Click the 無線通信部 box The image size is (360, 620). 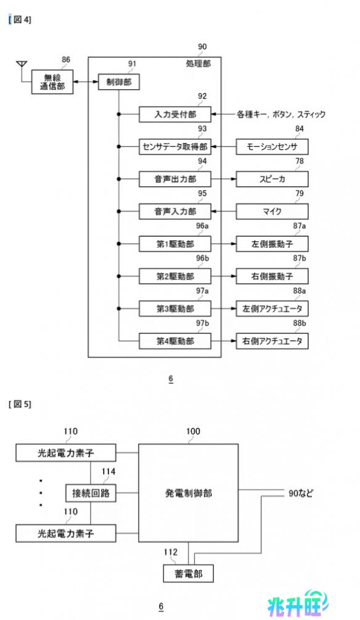pyautogui.click(x=52, y=82)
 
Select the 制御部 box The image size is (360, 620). pyautogui.click(x=119, y=82)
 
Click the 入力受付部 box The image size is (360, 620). pyautogui.click(x=175, y=114)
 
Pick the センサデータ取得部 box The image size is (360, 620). pyautogui.click(x=175, y=147)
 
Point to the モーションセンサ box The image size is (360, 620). pyautogui.click(x=272, y=147)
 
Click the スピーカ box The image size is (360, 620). pyautogui.click(x=272, y=179)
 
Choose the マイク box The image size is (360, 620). pyautogui.click(x=272, y=211)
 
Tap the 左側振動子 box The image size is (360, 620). pyautogui.click(x=272, y=244)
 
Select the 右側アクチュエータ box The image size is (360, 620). pyautogui.click(x=272, y=341)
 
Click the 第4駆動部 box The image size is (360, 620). pyautogui.click(x=175, y=341)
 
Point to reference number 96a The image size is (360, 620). pyautogui.click(x=202, y=226)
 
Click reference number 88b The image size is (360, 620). pyautogui.click(x=300, y=323)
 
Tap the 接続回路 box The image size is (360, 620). pyautogui.click(x=91, y=493)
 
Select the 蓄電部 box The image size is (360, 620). pyautogui.click(x=188, y=573)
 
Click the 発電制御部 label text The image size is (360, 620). pyautogui.click(x=188, y=493)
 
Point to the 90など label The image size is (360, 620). pyautogui.click(x=301, y=493)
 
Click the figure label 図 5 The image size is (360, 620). pyautogui.click(x=20, y=404)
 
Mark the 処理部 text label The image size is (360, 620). pyautogui.click(x=198, y=63)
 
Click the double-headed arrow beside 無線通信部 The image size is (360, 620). pyautogui.click(x=86, y=82)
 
